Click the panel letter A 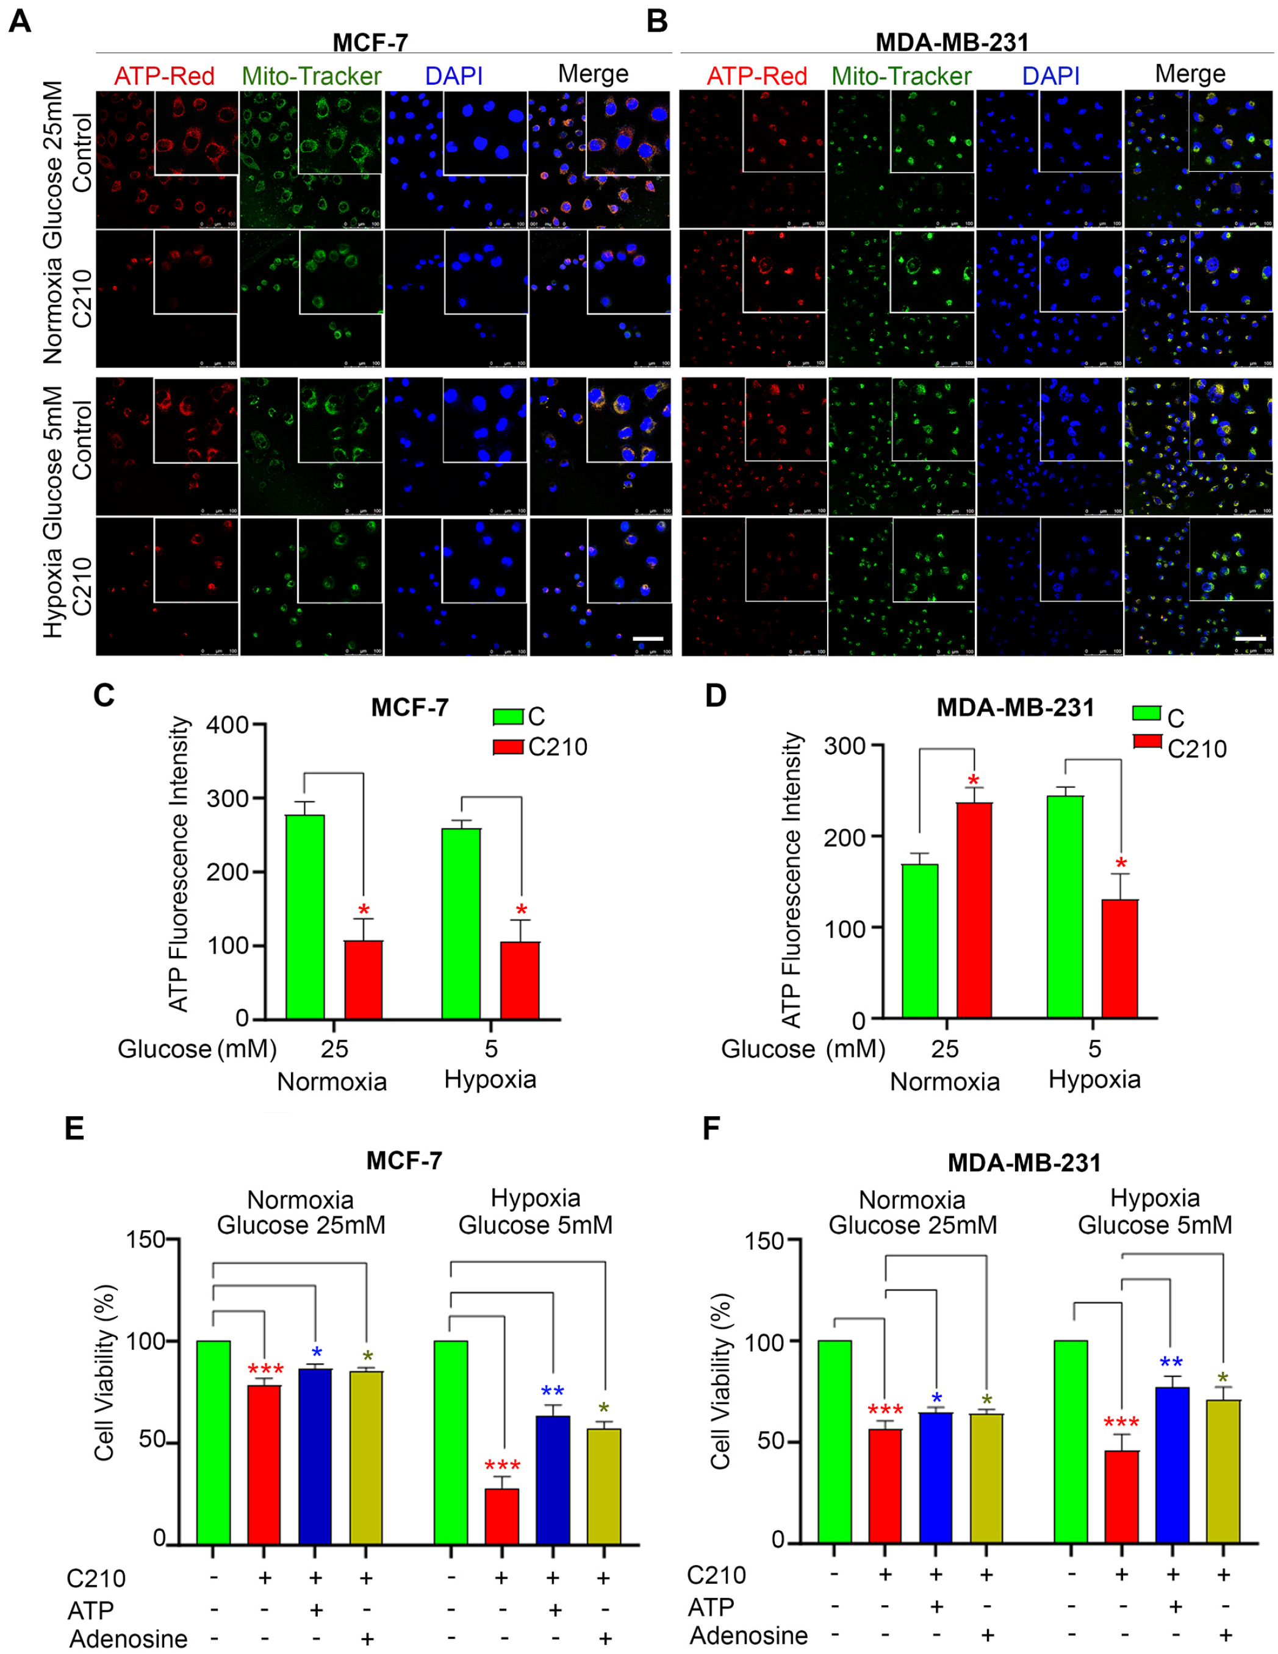tap(20, 21)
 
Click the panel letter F tap(711, 1128)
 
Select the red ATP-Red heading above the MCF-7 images tap(164, 76)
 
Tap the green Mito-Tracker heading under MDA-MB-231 tap(901, 76)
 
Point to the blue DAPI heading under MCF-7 tap(453, 76)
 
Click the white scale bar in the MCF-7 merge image tap(648, 638)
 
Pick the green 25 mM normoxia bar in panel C tap(304, 916)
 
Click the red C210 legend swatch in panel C tap(508, 747)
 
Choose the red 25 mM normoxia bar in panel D tap(974, 910)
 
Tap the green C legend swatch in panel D tap(1146, 713)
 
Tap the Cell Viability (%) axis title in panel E tap(104, 1372)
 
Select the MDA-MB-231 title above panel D tap(1015, 707)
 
